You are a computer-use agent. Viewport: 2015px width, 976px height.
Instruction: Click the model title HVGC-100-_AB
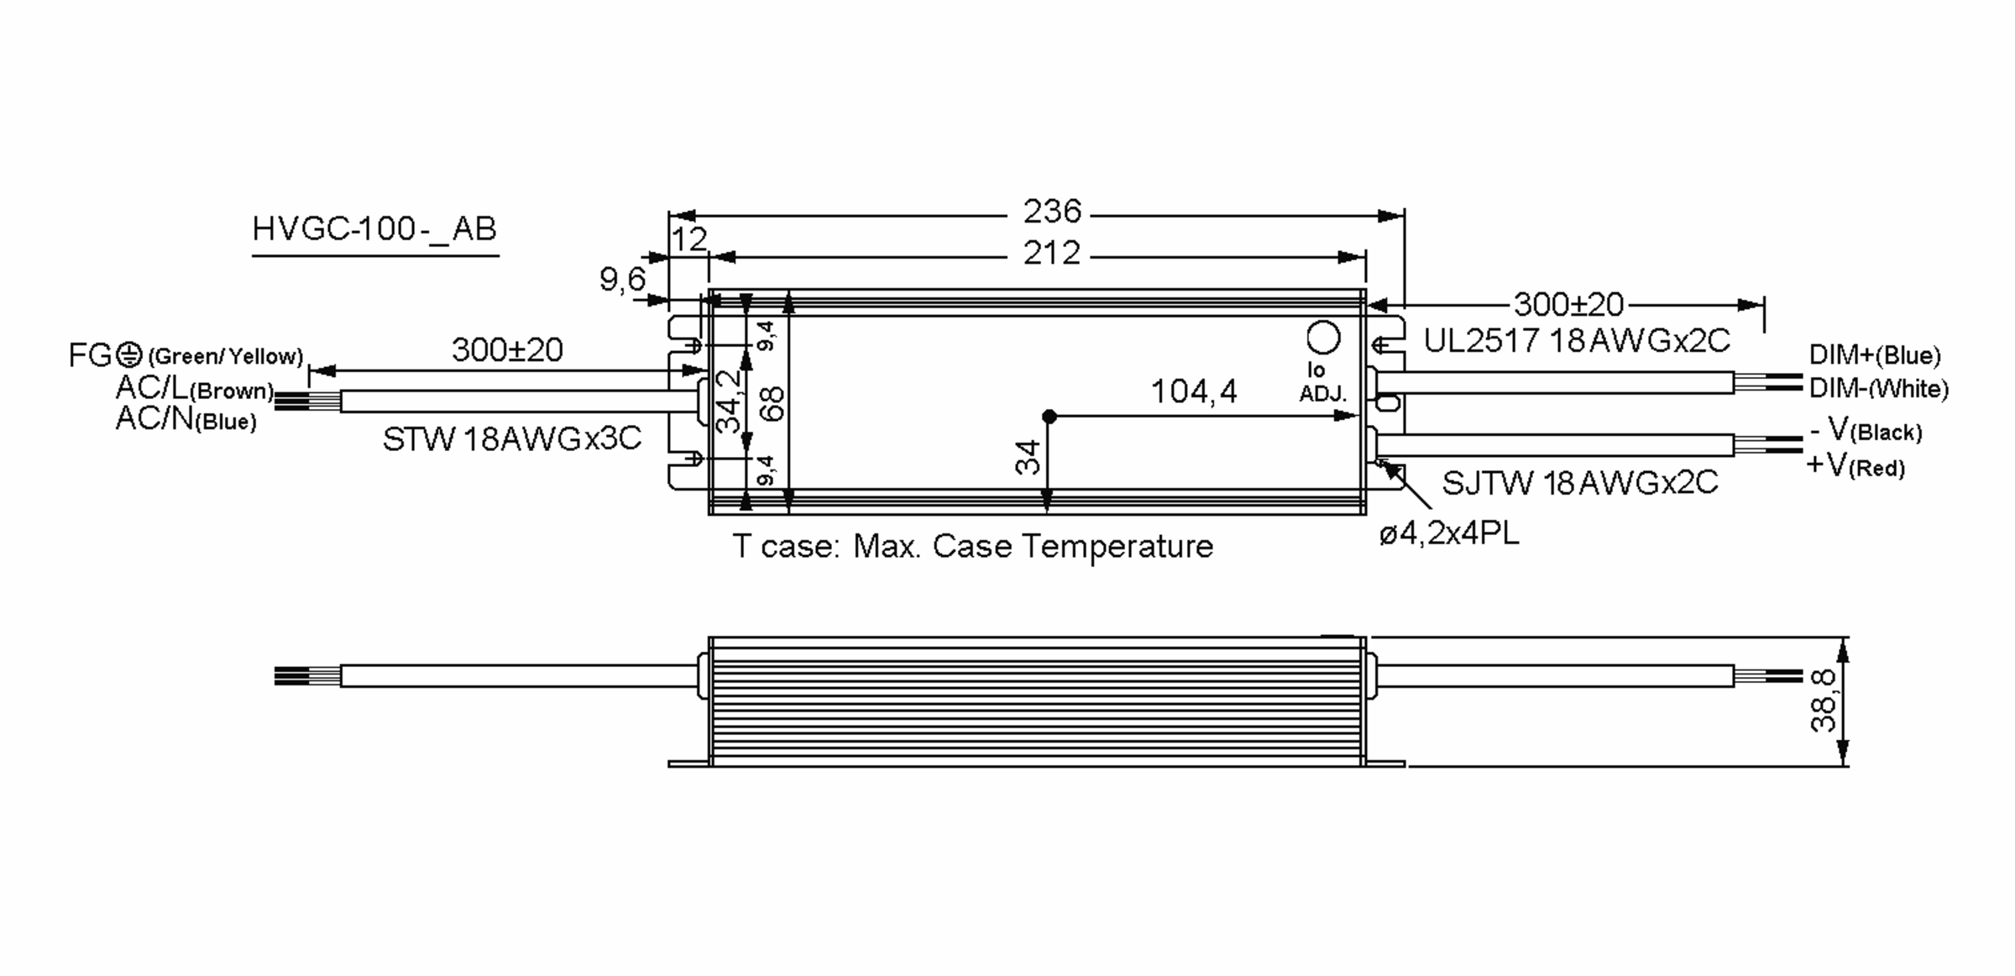374,229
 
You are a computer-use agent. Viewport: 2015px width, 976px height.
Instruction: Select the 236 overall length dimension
1051,212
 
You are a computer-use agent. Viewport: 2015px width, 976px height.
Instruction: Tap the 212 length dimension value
1051,253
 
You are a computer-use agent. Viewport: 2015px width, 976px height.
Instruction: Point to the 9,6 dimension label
622,279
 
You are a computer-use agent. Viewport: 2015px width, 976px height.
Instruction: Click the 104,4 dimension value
1193,391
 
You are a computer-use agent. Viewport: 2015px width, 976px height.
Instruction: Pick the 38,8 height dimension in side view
1824,701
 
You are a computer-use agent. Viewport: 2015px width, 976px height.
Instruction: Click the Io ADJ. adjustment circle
1324,338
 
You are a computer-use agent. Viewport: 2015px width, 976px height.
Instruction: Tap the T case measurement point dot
1049,416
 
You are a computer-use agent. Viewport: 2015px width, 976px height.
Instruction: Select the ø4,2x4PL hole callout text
1449,534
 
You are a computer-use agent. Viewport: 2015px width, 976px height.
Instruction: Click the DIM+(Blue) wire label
1874,355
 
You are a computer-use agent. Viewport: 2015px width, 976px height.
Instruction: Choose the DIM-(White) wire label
1878,388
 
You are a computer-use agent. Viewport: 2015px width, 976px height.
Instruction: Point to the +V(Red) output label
1855,464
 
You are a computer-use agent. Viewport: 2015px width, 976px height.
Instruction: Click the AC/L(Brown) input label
195,388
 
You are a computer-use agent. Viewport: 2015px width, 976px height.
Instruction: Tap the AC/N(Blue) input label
186,418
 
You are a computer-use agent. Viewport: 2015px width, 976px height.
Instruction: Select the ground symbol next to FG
128,355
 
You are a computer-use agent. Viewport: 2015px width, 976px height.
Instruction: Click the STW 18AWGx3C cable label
511,438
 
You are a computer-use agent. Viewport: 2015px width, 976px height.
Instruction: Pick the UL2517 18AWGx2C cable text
1577,341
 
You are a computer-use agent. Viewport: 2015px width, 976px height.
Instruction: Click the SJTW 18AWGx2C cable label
1579,483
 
